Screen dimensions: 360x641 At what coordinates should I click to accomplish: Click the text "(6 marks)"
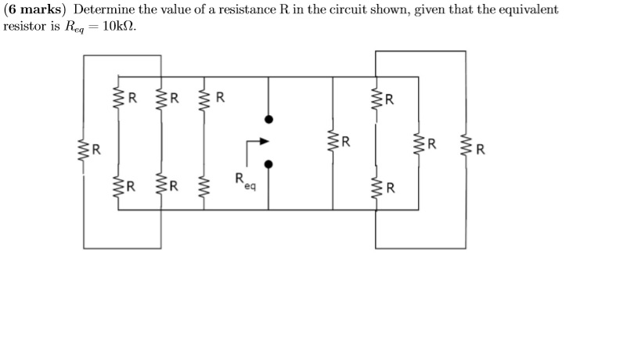click(35, 10)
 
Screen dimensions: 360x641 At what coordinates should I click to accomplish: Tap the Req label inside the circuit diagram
click(243, 182)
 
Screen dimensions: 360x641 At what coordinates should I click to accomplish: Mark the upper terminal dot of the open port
click(268, 120)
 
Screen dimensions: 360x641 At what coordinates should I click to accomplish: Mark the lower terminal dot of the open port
click(268, 165)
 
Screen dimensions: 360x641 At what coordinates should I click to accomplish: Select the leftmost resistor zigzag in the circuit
click(83, 149)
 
